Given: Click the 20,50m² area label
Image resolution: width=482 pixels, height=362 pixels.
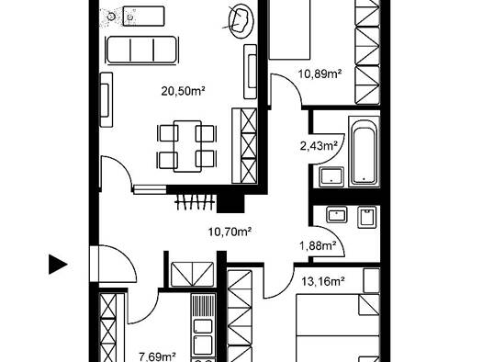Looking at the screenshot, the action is (184, 91).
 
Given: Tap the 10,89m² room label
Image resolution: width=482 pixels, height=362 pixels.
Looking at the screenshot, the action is (320, 74).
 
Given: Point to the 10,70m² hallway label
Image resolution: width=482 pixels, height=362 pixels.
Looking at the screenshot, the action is (230, 232).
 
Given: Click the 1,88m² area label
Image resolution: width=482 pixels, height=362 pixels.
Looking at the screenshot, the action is (318, 245).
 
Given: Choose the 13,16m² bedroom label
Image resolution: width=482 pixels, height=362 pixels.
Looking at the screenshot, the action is (323, 281).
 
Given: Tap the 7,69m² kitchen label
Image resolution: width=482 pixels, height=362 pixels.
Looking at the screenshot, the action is (157, 357).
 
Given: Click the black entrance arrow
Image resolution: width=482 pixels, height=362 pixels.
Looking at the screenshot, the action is (58, 265).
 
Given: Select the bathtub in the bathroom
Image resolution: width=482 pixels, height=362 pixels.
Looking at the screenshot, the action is (364, 152).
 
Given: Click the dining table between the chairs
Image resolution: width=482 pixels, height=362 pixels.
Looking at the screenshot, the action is (187, 146).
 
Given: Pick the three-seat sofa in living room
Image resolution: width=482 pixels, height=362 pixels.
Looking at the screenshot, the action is (141, 50).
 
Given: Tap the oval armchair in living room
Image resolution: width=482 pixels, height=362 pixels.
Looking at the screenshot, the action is (241, 21).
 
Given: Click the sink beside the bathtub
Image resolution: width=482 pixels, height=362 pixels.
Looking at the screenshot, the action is (331, 176).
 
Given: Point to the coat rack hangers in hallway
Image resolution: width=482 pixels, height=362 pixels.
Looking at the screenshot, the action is (195, 202).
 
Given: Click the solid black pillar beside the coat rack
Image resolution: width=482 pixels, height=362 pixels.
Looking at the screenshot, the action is (230, 203).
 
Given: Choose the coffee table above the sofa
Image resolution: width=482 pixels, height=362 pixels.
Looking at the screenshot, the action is (143, 16).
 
